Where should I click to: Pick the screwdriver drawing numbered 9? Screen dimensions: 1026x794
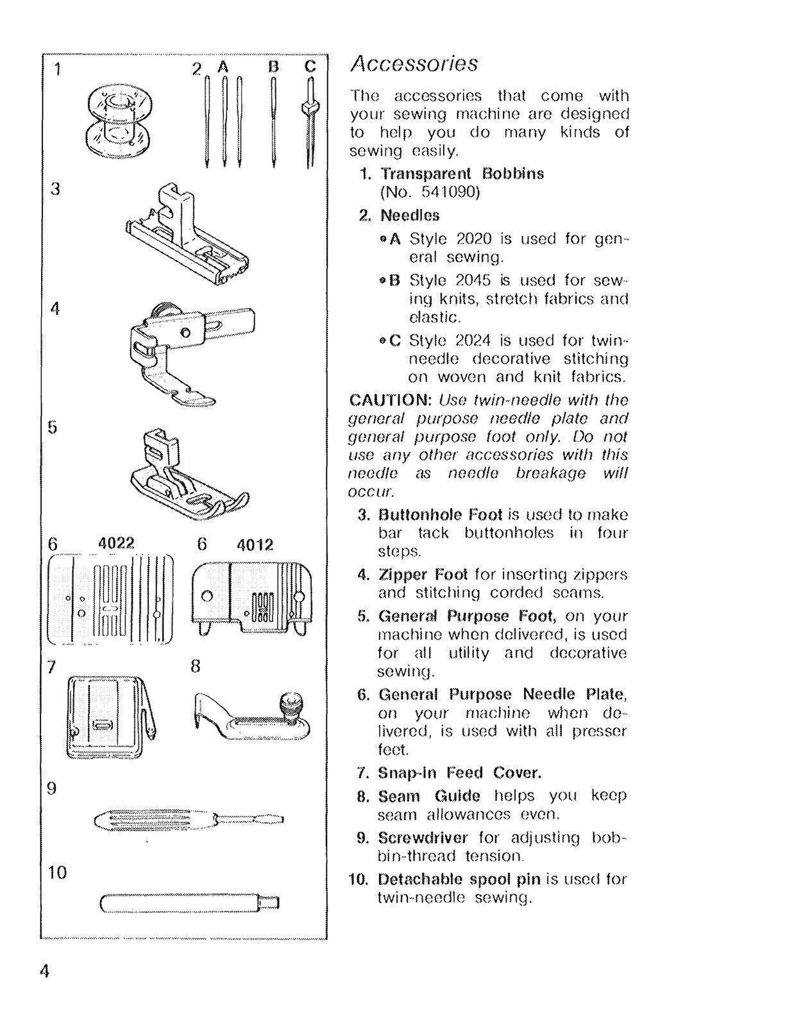point(188,820)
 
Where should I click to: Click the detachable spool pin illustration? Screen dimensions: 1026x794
point(189,903)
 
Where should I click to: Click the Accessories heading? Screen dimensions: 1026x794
point(414,63)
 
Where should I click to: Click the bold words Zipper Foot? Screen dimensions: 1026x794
point(423,574)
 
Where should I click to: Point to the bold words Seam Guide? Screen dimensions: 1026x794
point(428,796)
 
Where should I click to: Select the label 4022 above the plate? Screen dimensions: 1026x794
point(116,543)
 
